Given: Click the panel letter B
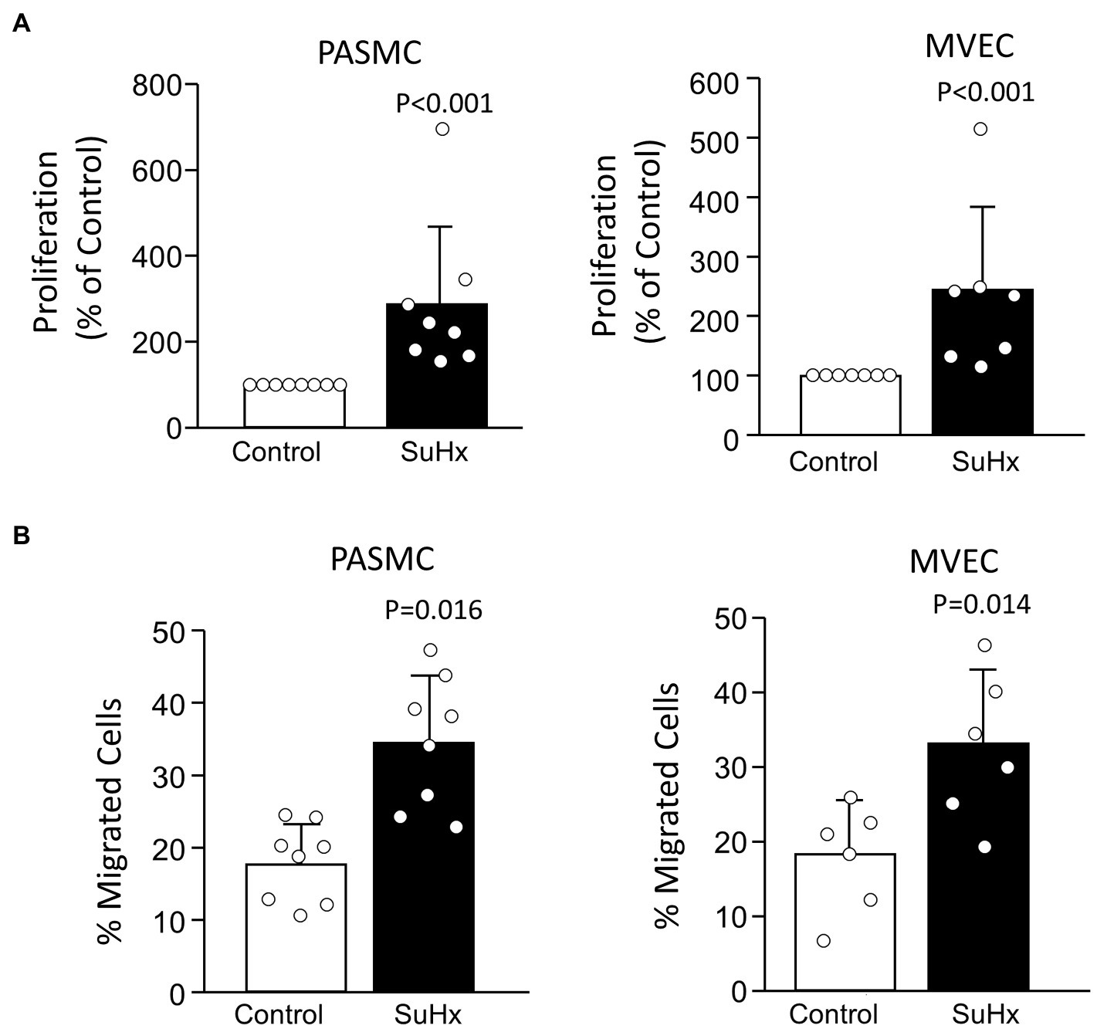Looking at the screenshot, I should coord(22,535).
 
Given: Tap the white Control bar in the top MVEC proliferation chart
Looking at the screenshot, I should coord(850,404).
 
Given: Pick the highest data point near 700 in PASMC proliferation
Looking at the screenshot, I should coord(442,129).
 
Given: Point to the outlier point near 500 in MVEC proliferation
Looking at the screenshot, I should coord(980,129).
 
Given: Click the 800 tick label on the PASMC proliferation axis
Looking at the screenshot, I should coord(155,85).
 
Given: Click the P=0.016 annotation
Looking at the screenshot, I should coord(433,610).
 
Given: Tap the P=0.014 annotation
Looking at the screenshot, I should coord(981,604).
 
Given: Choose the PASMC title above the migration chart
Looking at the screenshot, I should coord(382,559).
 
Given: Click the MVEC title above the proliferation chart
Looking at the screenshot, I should coord(969,47).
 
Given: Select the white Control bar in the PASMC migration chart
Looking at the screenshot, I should coord(296,926).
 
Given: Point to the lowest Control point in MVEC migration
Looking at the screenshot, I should coord(824,940).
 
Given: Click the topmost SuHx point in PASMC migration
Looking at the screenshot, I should coord(430,650).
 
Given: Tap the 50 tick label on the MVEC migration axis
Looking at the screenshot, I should coord(728,619).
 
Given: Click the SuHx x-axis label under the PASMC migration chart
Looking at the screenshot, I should coord(428,1014).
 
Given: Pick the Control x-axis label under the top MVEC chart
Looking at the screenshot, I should coord(833,462).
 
